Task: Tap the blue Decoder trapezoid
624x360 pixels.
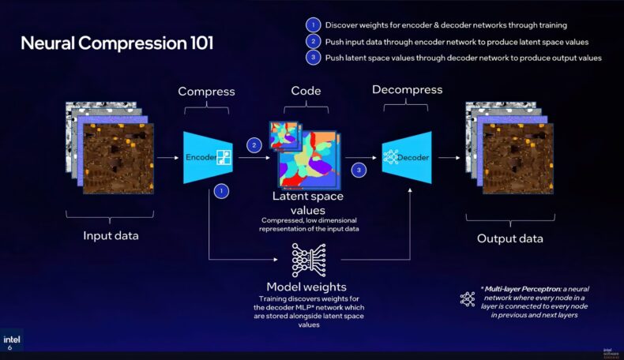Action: (x=408, y=157)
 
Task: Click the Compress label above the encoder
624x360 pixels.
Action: (x=206, y=92)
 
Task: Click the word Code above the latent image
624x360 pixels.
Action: (x=306, y=91)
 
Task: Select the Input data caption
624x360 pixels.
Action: (x=110, y=235)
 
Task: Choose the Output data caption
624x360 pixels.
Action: (x=509, y=238)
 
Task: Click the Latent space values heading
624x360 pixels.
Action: (x=308, y=203)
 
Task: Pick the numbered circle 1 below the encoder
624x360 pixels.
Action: (x=222, y=190)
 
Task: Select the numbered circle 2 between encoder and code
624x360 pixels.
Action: (x=254, y=145)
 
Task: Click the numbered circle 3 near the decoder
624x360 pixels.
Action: (x=359, y=170)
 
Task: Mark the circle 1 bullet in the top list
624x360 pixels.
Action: (x=314, y=25)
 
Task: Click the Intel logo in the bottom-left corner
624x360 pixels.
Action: (x=12, y=339)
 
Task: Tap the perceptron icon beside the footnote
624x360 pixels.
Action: (x=468, y=298)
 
